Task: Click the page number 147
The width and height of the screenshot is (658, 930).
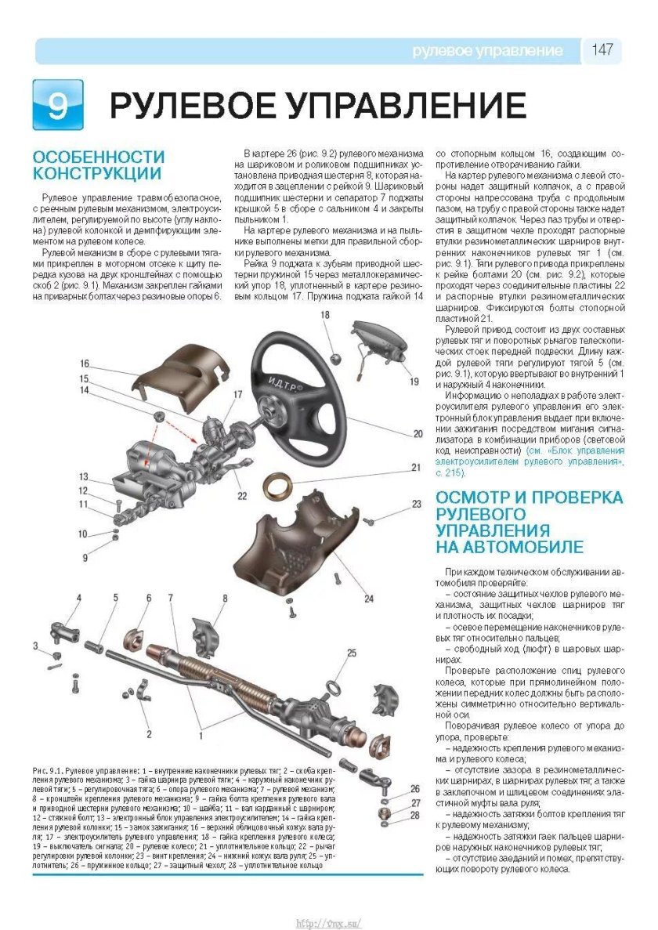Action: (602, 50)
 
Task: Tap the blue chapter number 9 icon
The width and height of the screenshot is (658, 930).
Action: (57, 104)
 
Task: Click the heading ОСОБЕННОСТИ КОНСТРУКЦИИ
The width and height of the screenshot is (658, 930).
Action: (98, 165)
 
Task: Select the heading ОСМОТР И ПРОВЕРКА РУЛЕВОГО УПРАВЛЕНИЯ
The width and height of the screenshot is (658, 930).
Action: (530, 522)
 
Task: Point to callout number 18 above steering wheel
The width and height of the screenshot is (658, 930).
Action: (324, 315)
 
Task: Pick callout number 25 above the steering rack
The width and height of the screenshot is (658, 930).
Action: (351, 652)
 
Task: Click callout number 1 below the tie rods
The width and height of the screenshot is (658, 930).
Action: (201, 736)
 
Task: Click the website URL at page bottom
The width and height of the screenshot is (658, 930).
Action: (328, 922)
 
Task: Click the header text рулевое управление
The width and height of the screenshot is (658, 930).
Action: (488, 51)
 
